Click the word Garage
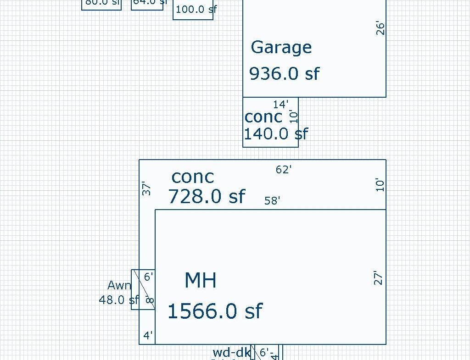tap(281, 48)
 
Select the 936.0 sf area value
tap(284, 73)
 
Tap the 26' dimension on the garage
tap(380, 28)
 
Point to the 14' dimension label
tap(280, 105)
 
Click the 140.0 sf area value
tap(275, 134)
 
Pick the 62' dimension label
tap(284, 170)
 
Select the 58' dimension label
tap(272, 201)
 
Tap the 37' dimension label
tap(146, 188)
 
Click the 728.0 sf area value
tap(207, 197)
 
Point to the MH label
tap(200, 281)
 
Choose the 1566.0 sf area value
tap(214, 311)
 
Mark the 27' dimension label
tap(378, 278)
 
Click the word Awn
tap(119, 286)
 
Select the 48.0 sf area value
tap(118, 300)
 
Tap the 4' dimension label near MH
tap(148, 336)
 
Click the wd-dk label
tap(231, 353)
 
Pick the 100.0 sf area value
tap(196, 9)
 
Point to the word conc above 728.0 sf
tap(192, 177)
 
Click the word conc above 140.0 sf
tap(263, 117)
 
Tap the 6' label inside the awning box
tap(149, 277)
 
